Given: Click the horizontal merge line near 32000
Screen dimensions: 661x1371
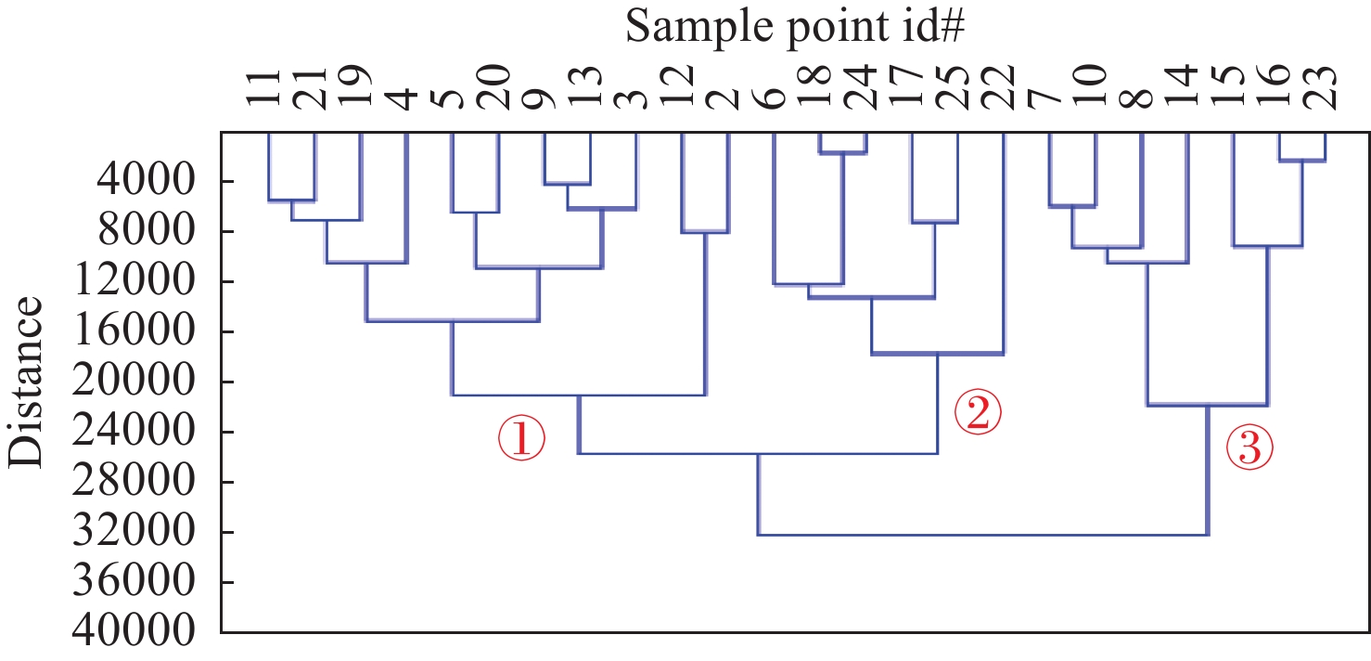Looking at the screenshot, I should pyautogui.click(x=983, y=535).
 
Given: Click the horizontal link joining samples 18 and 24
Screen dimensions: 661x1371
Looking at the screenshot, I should pyautogui.click(x=842, y=153).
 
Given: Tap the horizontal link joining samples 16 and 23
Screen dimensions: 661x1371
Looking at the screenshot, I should pyautogui.click(x=1301, y=161).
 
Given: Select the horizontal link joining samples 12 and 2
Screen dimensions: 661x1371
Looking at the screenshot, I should pyautogui.click(x=705, y=232).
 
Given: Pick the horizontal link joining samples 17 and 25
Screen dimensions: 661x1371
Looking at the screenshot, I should pyautogui.click(x=934, y=222).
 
